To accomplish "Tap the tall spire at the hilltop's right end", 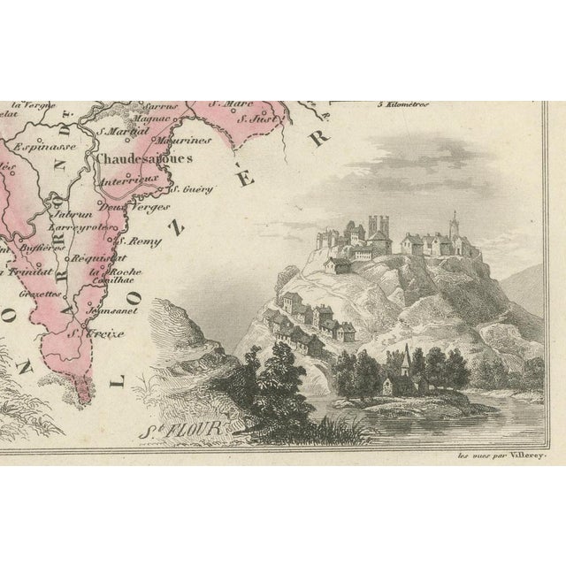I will point(455,221).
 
